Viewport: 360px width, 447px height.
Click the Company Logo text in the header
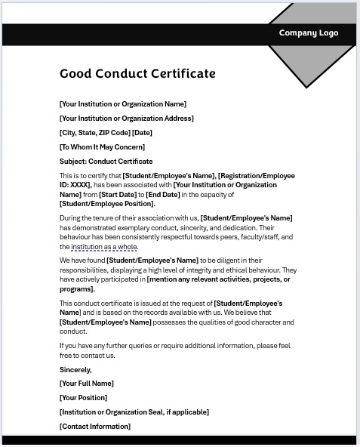[x=308, y=33]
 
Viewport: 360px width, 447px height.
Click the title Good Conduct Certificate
[x=137, y=74]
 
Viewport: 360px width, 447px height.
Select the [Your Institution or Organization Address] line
[x=126, y=119]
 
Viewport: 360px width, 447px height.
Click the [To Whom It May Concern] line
[x=102, y=147]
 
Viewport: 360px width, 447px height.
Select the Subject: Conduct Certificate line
[x=106, y=162]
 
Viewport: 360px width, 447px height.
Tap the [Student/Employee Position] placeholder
[x=106, y=204]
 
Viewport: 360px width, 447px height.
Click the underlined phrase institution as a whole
[x=104, y=247]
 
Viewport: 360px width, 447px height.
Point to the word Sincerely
[x=75, y=370]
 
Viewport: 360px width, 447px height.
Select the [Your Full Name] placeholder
[x=87, y=384]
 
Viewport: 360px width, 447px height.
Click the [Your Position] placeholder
[x=83, y=398]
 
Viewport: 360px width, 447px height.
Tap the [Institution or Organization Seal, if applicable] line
[x=134, y=412]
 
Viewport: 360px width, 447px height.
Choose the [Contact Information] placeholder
[x=95, y=427]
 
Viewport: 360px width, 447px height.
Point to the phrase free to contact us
[x=87, y=355]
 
